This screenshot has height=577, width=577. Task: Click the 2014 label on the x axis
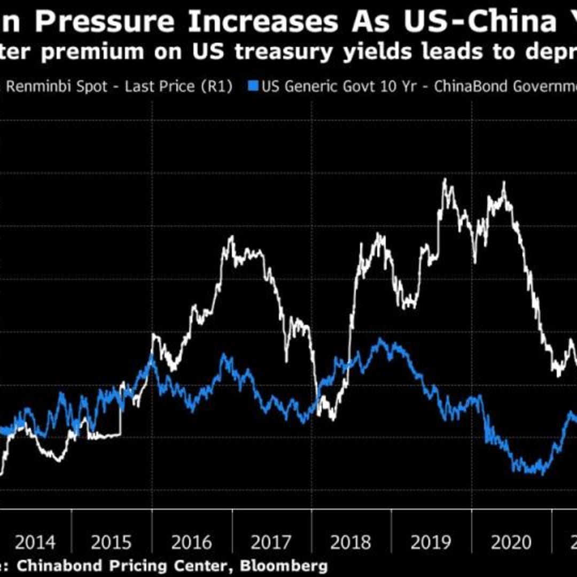pos(35,543)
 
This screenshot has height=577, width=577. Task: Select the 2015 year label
pos(111,543)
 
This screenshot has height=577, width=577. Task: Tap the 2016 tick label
pos(191,543)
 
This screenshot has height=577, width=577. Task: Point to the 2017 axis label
pos(271,543)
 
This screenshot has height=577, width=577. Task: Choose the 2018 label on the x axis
pos(350,543)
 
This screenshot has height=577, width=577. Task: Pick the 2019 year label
pos(431,543)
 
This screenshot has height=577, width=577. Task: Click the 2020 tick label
pos(511,543)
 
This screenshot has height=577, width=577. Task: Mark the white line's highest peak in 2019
pos(445,180)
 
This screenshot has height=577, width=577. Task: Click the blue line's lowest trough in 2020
pos(542,473)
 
